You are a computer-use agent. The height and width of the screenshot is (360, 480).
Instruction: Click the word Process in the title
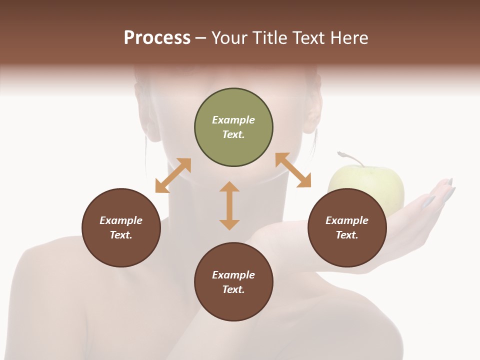click(157, 38)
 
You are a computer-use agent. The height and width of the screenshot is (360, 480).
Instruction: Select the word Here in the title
click(347, 38)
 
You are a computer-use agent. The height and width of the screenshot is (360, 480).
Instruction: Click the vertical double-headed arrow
click(229, 205)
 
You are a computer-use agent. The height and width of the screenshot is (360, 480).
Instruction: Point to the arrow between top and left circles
click(173, 175)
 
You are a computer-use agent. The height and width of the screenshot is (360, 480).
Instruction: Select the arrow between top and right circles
click(293, 170)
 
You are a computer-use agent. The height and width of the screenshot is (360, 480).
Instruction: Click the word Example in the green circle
click(233, 120)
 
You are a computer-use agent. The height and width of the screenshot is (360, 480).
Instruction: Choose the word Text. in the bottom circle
click(233, 289)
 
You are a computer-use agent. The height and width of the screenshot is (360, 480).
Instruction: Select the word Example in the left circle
click(121, 220)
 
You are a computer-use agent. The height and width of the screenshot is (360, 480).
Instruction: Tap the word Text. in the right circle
click(347, 235)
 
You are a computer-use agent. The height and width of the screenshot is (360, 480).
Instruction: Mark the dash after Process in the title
click(200, 38)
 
